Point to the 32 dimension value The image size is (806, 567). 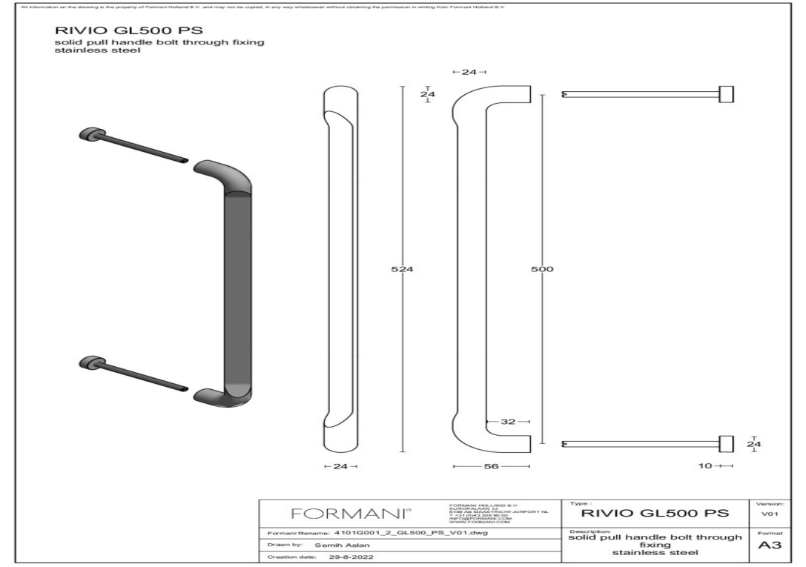[x=508, y=421]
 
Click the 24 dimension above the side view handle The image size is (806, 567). [x=469, y=72]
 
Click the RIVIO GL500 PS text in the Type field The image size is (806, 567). [x=658, y=513]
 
